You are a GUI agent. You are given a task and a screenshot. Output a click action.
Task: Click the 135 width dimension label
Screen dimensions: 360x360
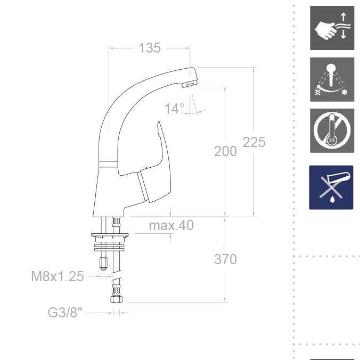[150, 48]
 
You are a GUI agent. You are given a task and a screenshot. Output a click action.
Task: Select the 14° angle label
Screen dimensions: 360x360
[174, 109]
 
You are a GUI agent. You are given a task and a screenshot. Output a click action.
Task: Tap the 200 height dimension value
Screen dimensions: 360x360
[225, 151]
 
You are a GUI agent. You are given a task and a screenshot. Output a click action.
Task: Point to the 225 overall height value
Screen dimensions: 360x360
[254, 142]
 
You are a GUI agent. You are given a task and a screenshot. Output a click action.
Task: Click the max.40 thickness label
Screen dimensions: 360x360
[171, 225]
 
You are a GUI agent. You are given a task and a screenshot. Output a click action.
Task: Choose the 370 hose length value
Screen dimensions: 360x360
[225, 259]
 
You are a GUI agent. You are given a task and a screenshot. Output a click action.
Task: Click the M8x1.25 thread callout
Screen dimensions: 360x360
[58, 276]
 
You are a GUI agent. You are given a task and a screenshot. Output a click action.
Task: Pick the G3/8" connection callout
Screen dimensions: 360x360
[65, 313]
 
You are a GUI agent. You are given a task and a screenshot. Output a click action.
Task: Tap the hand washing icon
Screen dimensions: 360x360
[332, 28]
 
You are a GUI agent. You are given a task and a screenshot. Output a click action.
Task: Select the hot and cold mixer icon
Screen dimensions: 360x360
[332, 79]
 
